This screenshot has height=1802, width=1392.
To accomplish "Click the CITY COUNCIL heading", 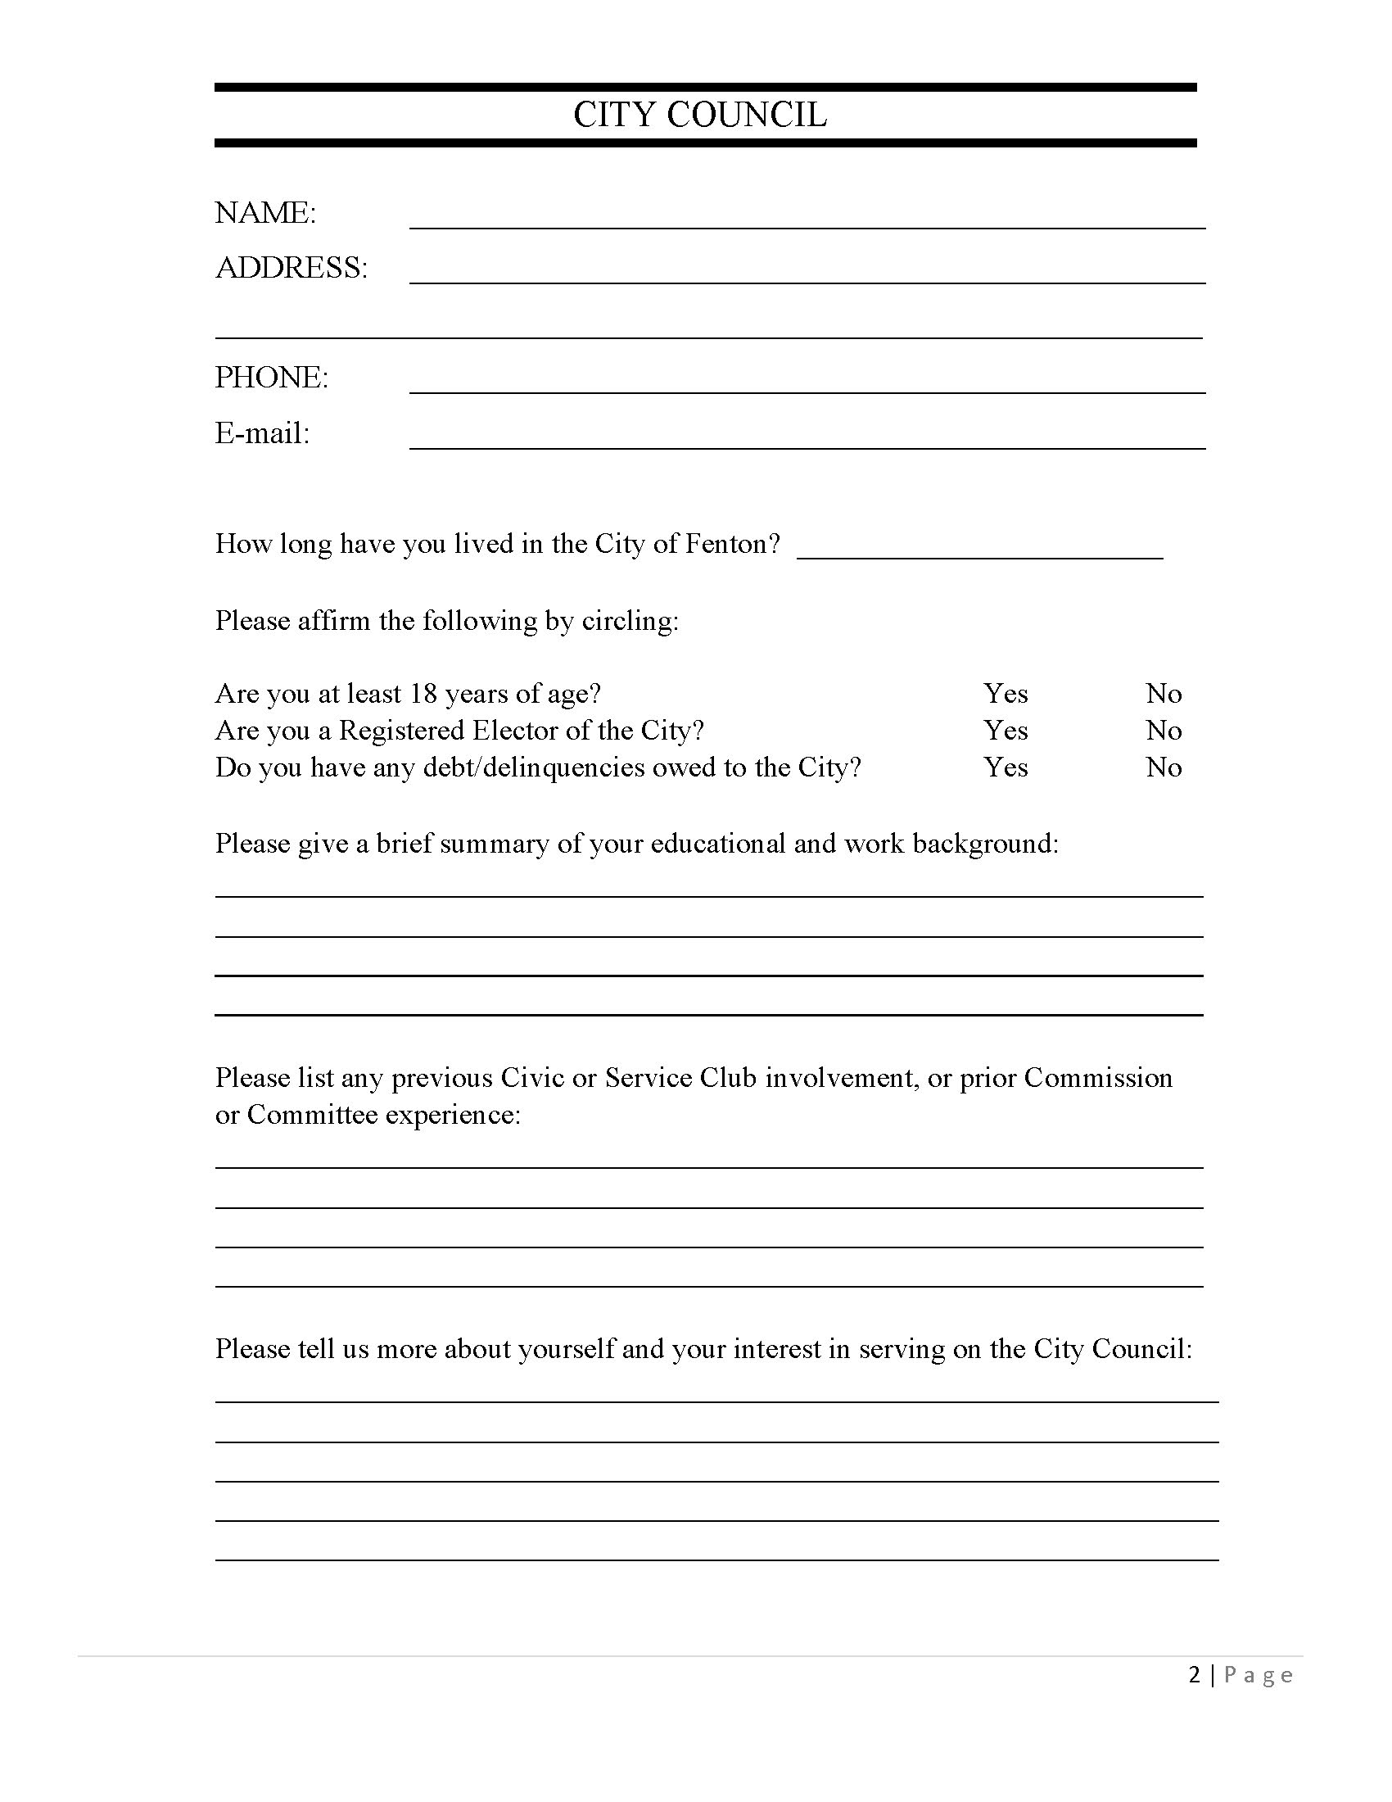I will (699, 115).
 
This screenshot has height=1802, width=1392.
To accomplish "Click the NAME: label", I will (264, 213).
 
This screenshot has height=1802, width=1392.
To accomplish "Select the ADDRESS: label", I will (292, 267).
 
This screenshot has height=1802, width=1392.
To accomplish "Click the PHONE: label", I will (271, 377).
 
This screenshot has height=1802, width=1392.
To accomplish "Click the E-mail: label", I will (262, 433).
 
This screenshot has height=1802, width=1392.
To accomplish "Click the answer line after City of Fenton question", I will (979, 552).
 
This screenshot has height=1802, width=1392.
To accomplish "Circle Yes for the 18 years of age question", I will (1006, 693).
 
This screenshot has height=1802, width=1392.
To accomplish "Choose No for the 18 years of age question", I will (1164, 693).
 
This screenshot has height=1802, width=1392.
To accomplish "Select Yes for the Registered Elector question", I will (1006, 730).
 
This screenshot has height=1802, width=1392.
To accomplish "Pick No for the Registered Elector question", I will (1164, 730).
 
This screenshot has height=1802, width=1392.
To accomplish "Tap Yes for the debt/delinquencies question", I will (1006, 767).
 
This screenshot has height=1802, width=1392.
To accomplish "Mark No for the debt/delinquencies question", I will (1164, 767).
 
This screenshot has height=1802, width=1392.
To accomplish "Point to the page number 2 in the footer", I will (1194, 1674).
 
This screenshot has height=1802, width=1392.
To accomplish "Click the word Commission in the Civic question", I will (1097, 1078).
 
